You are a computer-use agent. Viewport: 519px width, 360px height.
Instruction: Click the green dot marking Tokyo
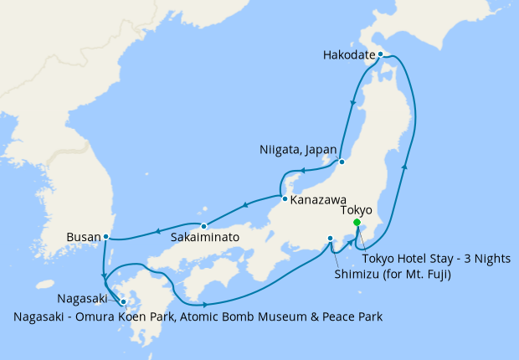click(357, 223)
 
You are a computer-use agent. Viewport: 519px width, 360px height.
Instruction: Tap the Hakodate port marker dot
click(380, 54)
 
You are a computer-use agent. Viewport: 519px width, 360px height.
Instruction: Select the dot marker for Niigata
click(342, 161)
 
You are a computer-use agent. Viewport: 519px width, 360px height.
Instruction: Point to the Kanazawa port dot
click(285, 199)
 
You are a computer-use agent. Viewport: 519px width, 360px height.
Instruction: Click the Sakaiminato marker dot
click(203, 226)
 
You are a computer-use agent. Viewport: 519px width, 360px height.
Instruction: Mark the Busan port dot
click(105, 237)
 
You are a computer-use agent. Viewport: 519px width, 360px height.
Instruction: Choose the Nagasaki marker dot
click(123, 302)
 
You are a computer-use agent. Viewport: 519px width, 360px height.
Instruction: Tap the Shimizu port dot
click(331, 238)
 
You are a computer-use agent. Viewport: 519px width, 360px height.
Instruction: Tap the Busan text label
click(83, 237)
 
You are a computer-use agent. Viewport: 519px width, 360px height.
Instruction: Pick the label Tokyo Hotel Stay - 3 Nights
click(436, 259)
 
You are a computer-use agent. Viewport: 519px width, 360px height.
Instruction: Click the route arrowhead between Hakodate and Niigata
click(352, 104)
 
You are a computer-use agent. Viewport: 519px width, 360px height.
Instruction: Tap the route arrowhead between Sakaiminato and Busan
click(157, 230)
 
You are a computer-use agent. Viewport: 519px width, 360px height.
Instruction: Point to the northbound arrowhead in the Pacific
click(406, 167)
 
